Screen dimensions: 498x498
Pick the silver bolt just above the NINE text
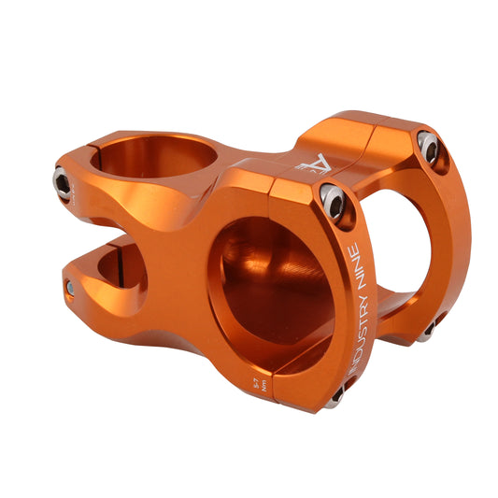tap(334, 200)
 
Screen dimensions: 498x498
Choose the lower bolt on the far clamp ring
tap(427, 330)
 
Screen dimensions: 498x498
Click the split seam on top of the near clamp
tap(270, 179)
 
